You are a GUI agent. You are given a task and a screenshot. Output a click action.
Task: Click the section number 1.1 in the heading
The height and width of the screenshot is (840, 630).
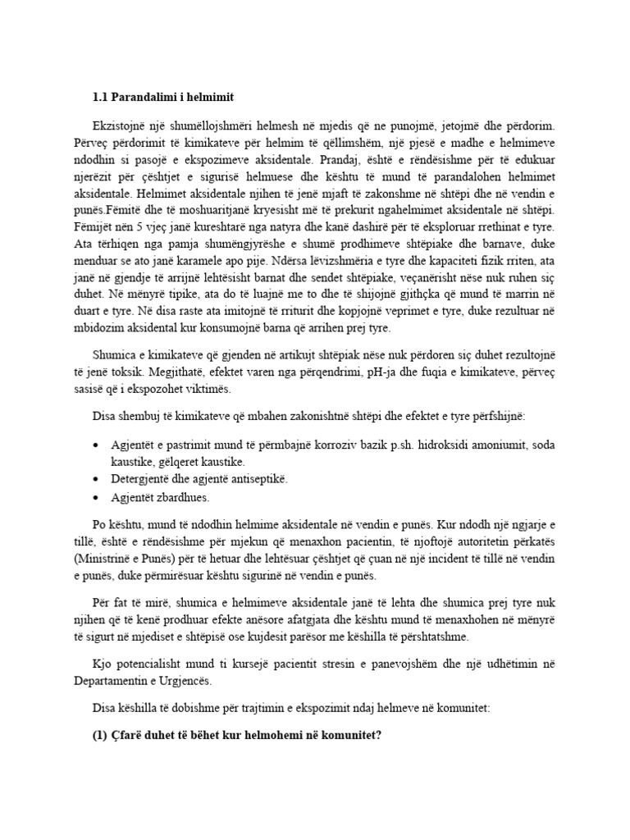coord(101,98)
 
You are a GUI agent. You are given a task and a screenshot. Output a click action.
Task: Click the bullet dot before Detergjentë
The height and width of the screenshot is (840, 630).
coord(98,478)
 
